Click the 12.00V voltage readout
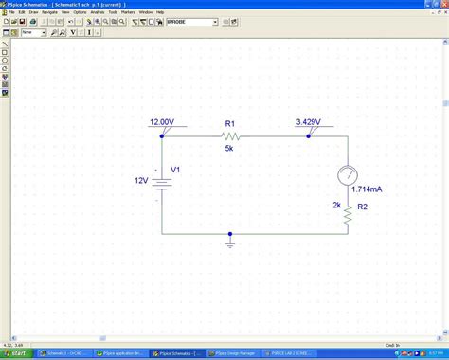(x=162, y=122)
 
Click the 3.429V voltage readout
(x=309, y=122)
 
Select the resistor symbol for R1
(x=230, y=136)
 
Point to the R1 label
(x=230, y=124)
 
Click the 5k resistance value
(x=229, y=149)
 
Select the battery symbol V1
(x=162, y=180)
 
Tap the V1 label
(x=174, y=171)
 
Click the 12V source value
(x=140, y=180)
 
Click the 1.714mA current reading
(x=366, y=189)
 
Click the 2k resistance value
(x=336, y=205)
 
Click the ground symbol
(x=230, y=243)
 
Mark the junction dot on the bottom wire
(x=230, y=234)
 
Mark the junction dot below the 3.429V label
(x=309, y=135)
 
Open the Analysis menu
(x=97, y=12)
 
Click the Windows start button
(x=16, y=353)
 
